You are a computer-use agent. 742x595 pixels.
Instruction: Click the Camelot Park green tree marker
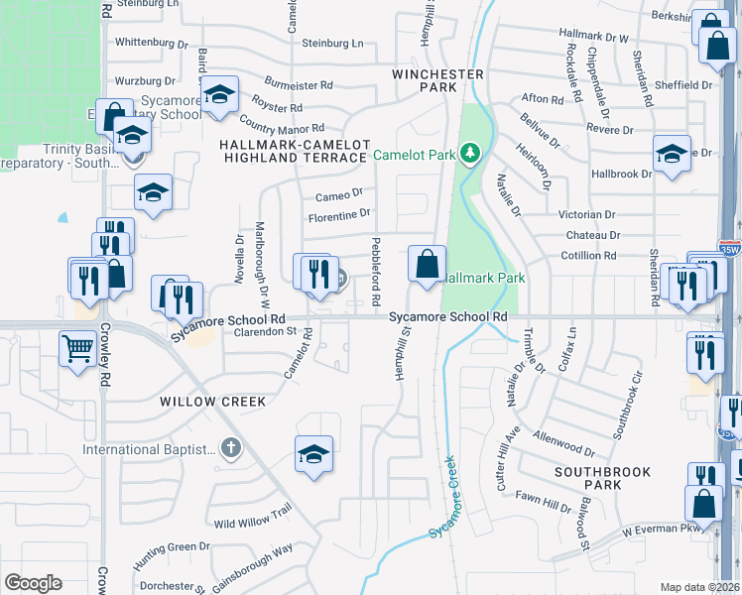(470, 154)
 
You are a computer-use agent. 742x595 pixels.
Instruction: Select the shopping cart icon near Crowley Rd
(78, 349)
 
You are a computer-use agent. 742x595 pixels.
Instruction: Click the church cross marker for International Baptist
(231, 449)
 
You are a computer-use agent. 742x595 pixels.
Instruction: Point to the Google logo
(33, 583)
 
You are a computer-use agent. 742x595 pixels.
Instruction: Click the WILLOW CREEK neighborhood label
(213, 402)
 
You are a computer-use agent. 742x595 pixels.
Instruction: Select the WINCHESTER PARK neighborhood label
(437, 80)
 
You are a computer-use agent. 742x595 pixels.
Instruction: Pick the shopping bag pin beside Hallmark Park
(427, 265)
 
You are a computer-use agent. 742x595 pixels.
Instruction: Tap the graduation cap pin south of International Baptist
(313, 456)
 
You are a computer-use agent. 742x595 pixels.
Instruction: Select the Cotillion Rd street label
(591, 255)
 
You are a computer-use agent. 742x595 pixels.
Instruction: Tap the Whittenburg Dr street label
(152, 43)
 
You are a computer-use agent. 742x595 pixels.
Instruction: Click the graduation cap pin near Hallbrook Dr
(672, 154)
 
